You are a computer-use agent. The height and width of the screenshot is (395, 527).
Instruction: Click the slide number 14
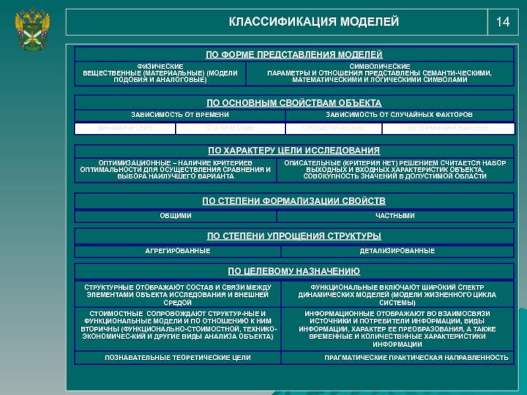point(503,22)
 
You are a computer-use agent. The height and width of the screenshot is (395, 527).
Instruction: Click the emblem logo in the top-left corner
point(30,29)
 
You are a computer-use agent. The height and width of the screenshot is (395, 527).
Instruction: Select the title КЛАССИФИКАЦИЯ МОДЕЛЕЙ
point(314,22)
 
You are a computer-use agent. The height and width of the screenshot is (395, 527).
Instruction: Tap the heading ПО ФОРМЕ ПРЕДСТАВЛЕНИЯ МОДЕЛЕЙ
point(294,54)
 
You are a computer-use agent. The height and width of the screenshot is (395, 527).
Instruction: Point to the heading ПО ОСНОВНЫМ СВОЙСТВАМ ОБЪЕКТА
point(294,103)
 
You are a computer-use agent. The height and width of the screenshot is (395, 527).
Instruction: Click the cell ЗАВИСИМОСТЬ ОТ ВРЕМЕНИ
point(180,115)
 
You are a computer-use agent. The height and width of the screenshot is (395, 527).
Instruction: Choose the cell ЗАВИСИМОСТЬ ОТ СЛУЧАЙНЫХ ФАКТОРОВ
point(399,115)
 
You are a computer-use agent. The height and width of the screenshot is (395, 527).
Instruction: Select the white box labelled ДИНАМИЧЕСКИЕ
point(125,127)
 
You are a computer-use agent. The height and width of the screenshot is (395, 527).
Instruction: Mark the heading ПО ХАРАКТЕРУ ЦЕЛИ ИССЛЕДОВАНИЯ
point(294,151)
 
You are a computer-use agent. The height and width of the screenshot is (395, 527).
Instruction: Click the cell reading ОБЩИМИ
point(176,216)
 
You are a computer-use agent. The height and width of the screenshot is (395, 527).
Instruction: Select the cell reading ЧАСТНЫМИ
point(395,216)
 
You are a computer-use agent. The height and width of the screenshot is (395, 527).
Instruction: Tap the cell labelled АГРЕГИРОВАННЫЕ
point(177,251)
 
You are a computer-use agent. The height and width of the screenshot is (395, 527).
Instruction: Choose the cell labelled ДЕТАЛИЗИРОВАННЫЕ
point(397,251)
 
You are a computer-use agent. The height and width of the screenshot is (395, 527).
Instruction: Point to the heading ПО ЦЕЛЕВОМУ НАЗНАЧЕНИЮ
point(294,271)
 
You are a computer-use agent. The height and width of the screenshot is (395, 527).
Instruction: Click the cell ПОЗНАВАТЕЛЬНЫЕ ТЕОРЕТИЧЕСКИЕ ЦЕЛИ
point(178,357)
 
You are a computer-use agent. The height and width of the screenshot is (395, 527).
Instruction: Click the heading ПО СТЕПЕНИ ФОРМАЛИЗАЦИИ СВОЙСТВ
point(294,201)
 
